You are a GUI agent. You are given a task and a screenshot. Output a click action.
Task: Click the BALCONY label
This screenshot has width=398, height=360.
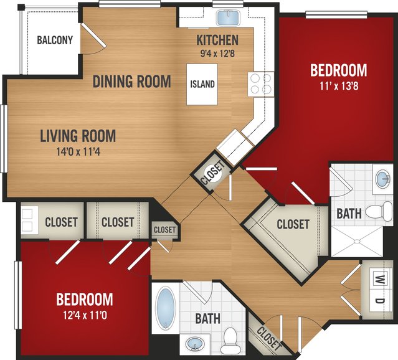tap(55, 40)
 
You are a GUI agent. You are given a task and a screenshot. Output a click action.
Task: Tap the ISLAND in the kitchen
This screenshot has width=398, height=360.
tap(202, 84)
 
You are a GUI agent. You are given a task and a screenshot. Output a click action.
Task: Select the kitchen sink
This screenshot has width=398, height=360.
tap(228, 18)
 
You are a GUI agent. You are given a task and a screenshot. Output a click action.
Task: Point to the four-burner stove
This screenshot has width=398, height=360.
tap(261, 84)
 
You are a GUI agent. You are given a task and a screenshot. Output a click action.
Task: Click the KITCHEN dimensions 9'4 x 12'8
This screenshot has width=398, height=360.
tap(217, 54)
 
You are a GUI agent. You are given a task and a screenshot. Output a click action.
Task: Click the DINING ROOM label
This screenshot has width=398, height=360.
tap(132, 81)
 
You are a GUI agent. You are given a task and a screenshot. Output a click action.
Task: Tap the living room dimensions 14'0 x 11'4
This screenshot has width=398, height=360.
tap(78, 151)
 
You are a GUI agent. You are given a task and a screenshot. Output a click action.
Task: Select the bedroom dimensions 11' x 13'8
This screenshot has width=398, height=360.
tap(339, 87)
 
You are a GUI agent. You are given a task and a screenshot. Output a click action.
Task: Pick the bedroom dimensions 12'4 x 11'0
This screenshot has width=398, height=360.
tap(85, 316)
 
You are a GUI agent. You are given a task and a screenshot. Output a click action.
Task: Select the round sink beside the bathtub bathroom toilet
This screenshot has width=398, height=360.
tap(195, 344)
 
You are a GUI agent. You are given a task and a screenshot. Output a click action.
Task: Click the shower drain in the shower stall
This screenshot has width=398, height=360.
tap(357, 241)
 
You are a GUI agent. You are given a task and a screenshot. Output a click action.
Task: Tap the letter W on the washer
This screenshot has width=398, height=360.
tap(380, 280)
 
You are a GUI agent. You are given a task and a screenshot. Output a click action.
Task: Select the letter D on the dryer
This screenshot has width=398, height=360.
tap(380, 301)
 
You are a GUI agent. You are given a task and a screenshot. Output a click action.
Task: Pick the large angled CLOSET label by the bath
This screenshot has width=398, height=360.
tap(293, 224)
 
